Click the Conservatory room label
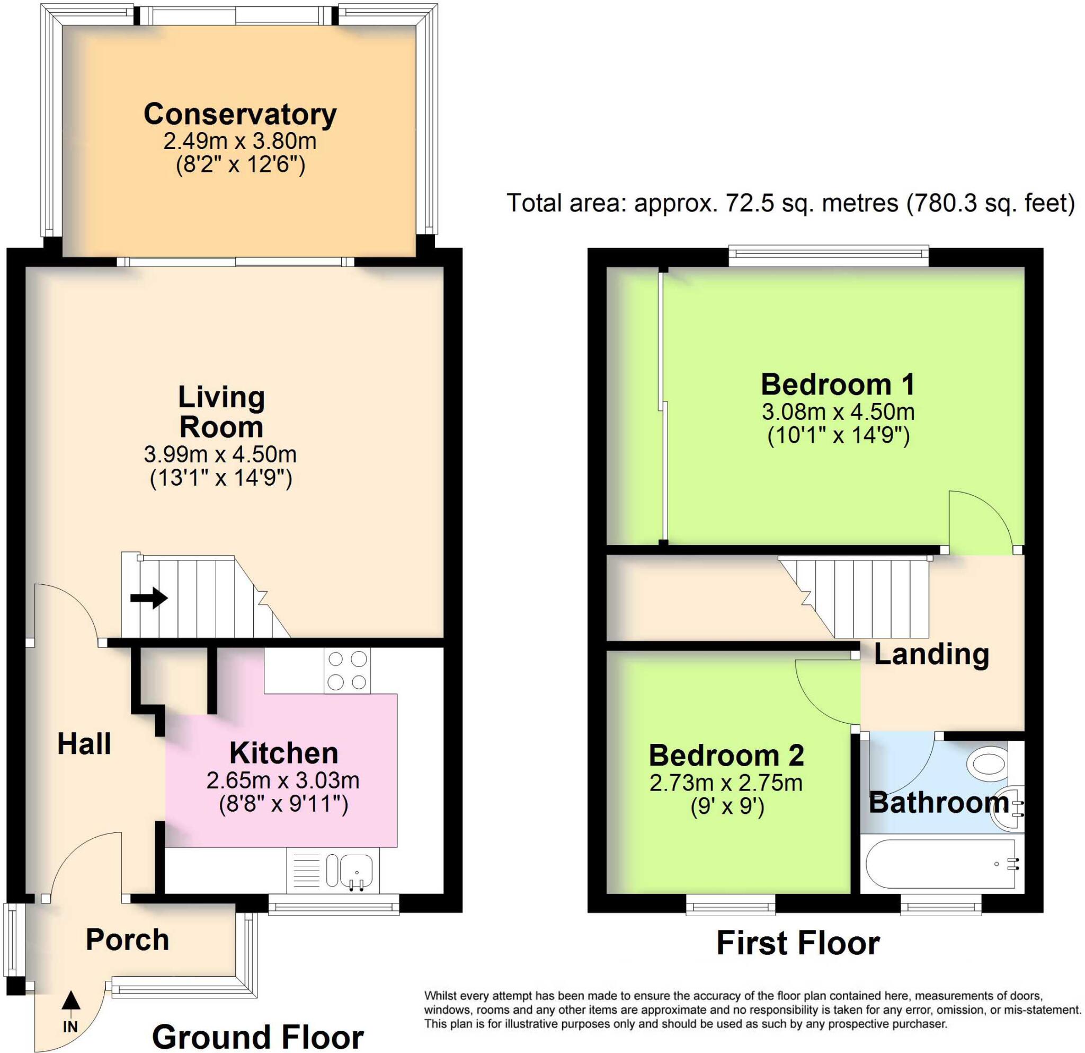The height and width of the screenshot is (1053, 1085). pyautogui.click(x=240, y=115)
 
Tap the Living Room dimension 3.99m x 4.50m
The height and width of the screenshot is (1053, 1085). pyautogui.click(x=220, y=455)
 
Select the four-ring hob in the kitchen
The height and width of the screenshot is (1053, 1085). pyautogui.click(x=347, y=671)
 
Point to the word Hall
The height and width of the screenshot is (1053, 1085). pyautogui.click(x=84, y=744)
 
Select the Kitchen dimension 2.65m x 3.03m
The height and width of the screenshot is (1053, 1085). pyautogui.click(x=283, y=780)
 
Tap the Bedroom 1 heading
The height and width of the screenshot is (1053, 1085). pyautogui.click(x=838, y=384)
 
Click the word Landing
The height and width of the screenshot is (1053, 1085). pyautogui.click(x=932, y=654)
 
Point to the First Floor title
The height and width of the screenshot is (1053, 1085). pyautogui.click(x=798, y=943)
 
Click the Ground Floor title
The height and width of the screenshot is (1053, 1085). pyautogui.click(x=258, y=1036)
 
